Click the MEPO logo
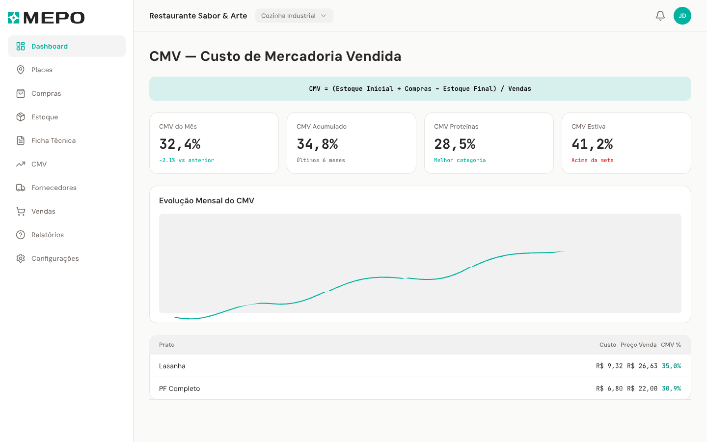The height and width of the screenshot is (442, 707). (x=46, y=18)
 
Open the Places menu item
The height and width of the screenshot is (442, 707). (x=42, y=70)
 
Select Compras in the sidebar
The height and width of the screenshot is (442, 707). (x=46, y=93)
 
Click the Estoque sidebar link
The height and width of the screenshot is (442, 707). (x=45, y=117)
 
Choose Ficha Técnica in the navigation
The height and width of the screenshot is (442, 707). (x=53, y=140)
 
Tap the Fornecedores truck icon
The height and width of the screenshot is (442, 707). (x=21, y=188)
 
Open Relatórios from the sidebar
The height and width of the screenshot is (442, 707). (x=47, y=235)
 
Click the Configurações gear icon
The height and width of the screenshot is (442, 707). (x=21, y=258)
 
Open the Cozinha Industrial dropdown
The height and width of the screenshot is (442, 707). (x=294, y=16)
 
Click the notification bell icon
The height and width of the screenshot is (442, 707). (x=660, y=16)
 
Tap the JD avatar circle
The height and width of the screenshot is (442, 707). (x=682, y=16)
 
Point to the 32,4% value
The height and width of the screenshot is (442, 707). (x=180, y=144)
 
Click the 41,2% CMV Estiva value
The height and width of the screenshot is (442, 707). (x=592, y=144)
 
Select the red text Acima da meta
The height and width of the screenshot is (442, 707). (x=592, y=160)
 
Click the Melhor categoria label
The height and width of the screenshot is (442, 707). (x=460, y=160)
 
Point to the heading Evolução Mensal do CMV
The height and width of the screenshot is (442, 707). (x=206, y=200)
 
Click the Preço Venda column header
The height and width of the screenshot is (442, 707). (x=638, y=345)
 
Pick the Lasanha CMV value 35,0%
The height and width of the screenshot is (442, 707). (x=671, y=366)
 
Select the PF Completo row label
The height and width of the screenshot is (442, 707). (x=179, y=388)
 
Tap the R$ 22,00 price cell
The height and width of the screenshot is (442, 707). (x=642, y=388)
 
